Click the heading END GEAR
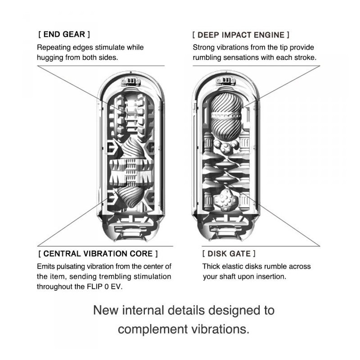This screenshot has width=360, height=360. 64,35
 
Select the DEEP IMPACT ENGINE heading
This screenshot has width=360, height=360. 241,35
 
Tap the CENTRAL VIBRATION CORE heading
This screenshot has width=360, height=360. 98,254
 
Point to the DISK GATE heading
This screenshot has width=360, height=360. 229,254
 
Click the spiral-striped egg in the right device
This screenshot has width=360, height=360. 226,117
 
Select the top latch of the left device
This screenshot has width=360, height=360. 131,81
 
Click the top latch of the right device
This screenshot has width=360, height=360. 226,81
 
